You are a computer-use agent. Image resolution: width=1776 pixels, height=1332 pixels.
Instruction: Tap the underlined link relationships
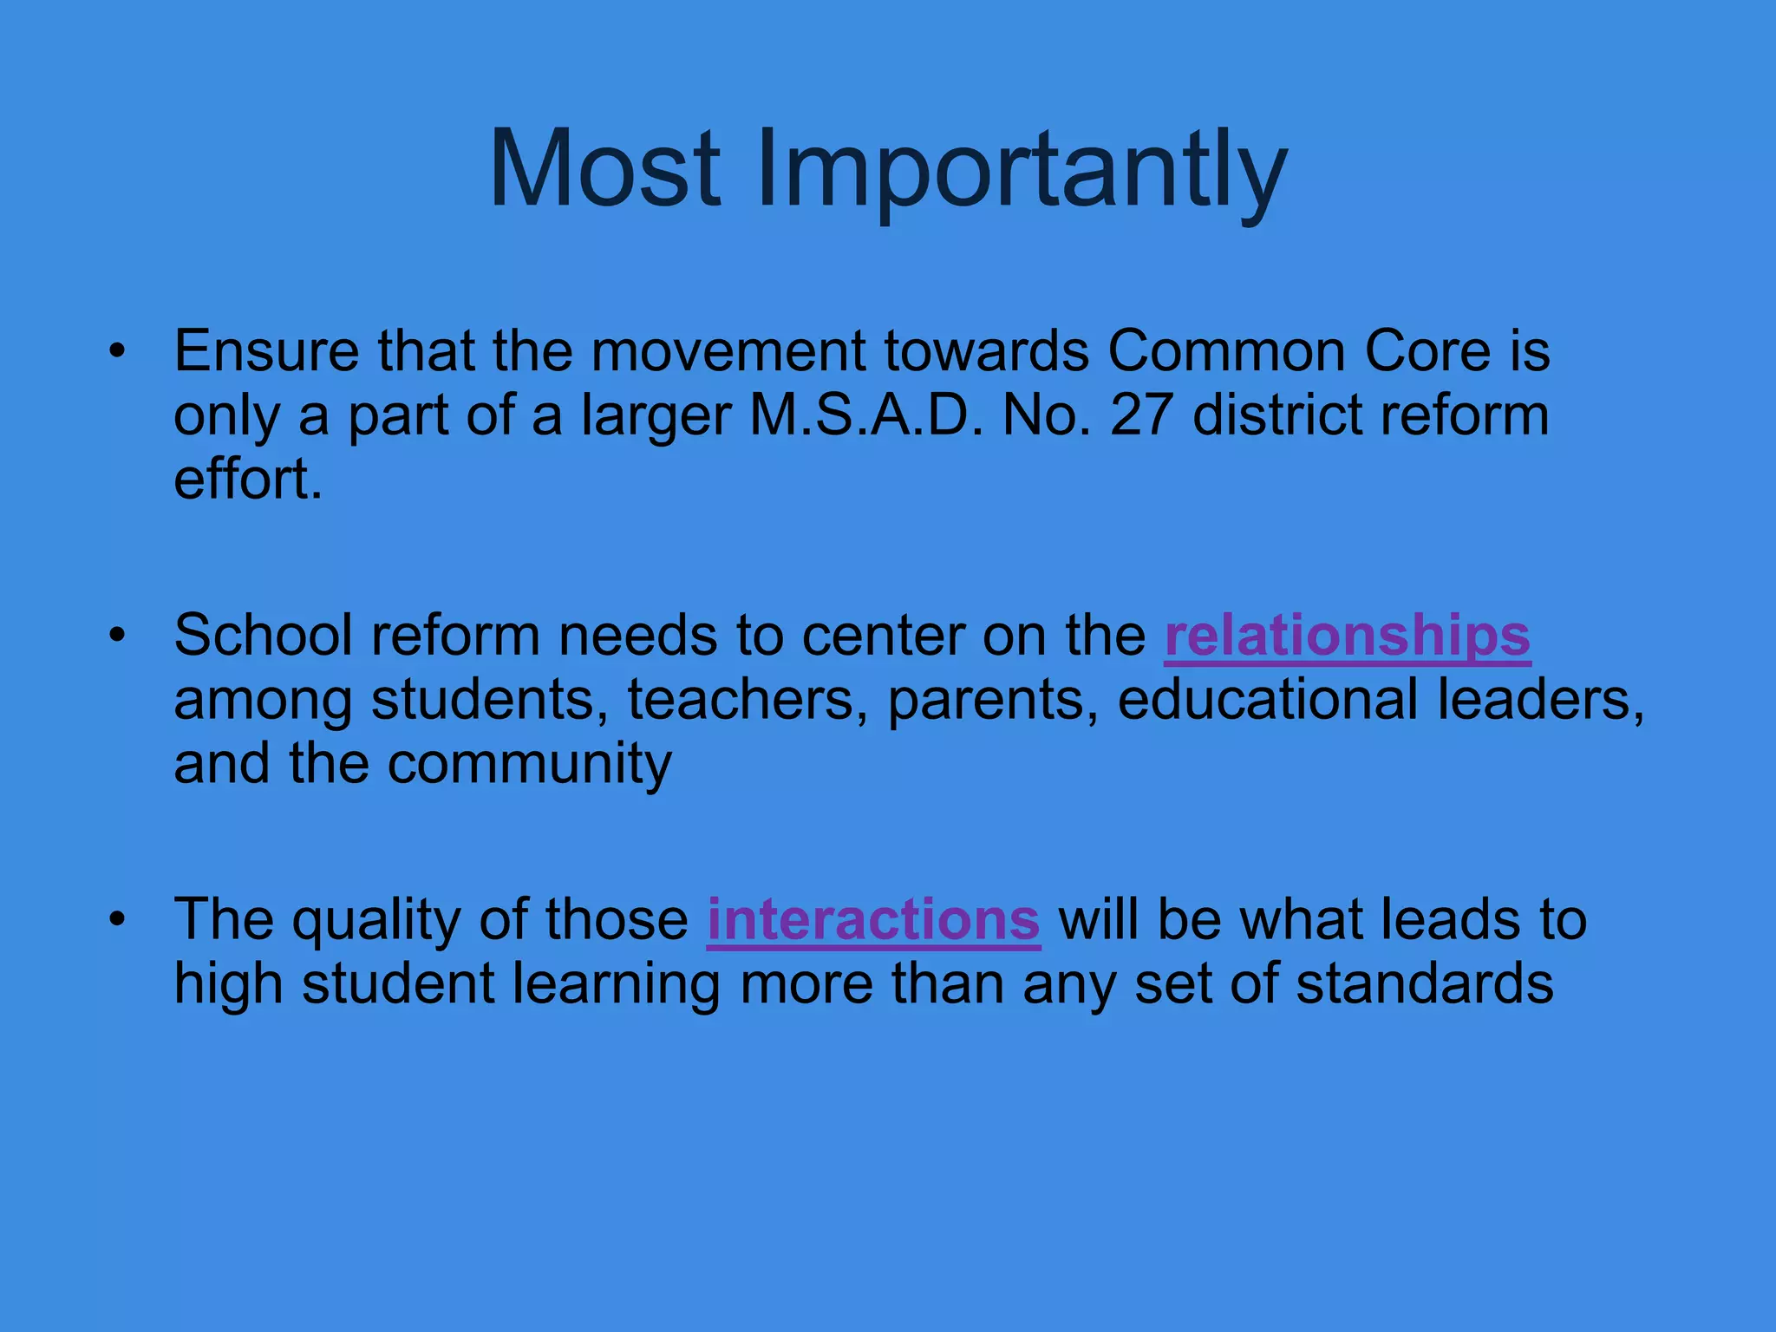[x=1347, y=636]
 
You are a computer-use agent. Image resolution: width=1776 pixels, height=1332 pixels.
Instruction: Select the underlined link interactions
[x=873, y=920]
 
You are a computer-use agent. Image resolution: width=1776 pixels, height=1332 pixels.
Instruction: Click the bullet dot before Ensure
[x=118, y=352]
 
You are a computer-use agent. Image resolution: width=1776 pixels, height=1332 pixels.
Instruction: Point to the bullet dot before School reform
[x=118, y=636]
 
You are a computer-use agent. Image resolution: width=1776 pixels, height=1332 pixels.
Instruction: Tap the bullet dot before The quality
[x=118, y=920]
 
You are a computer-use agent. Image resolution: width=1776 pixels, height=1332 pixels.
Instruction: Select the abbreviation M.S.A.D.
[x=866, y=415]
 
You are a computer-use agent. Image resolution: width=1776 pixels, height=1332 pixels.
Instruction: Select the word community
[x=529, y=764]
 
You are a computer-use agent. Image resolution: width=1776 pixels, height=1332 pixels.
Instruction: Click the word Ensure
[x=266, y=352]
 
